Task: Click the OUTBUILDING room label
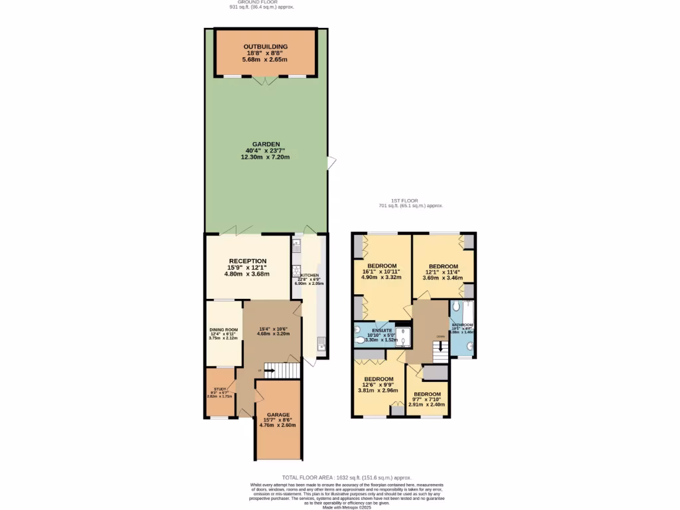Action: (x=265, y=46)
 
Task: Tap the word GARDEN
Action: (x=266, y=144)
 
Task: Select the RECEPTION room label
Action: (x=248, y=261)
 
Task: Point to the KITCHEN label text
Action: (x=309, y=275)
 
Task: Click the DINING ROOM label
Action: (x=223, y=329)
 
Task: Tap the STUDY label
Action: (x=220, y=390)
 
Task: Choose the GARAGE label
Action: (x=278, y=414)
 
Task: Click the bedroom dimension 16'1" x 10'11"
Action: (x=382, y=272)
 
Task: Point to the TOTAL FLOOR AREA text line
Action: (x=346, y=477)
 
